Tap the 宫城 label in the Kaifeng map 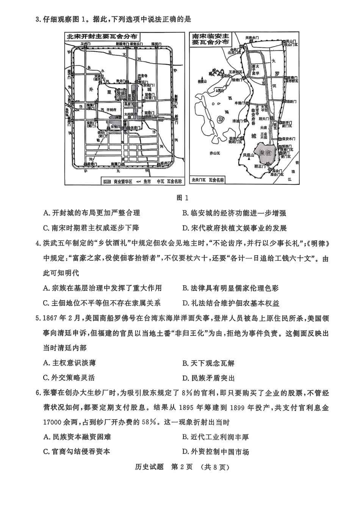(121, 93)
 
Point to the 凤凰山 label (249, 155)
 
